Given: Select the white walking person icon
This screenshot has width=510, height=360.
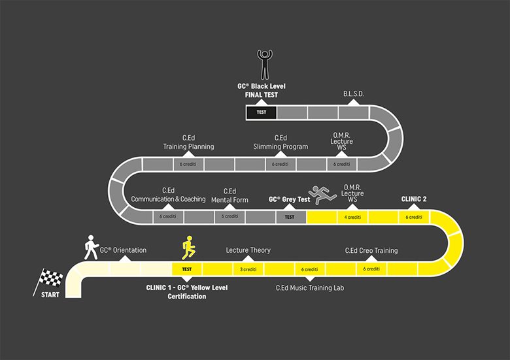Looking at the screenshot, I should coord(90,247).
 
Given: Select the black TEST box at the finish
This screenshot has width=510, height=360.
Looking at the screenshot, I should coord(261,112).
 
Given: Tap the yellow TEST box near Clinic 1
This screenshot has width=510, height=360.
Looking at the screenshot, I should coord(187,269).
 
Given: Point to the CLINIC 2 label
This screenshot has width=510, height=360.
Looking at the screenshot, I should coord(414,198).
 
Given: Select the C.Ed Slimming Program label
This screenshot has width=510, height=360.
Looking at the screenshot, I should coord(280,142).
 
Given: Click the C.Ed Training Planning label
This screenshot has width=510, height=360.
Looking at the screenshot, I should coord(188,142).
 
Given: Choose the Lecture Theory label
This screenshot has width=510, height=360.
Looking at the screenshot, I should coord(248,250).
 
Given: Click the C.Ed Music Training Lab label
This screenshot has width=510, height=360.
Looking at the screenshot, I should coord(310,287).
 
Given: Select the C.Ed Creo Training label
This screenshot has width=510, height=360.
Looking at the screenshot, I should coord(371,250).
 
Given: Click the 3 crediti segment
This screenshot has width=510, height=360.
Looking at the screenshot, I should coord(248,269).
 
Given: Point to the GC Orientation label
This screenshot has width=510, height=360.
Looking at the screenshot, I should coord(123,250).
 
